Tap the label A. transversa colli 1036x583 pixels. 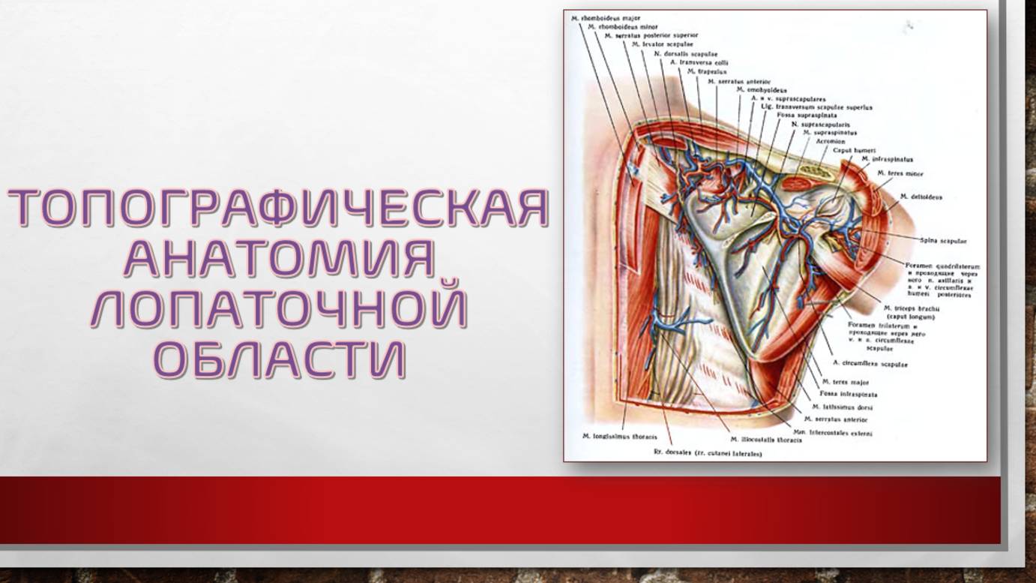(x=699, y=63)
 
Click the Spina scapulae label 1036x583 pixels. (x=943, y=241)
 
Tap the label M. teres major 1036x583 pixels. (x=845, y=383)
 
